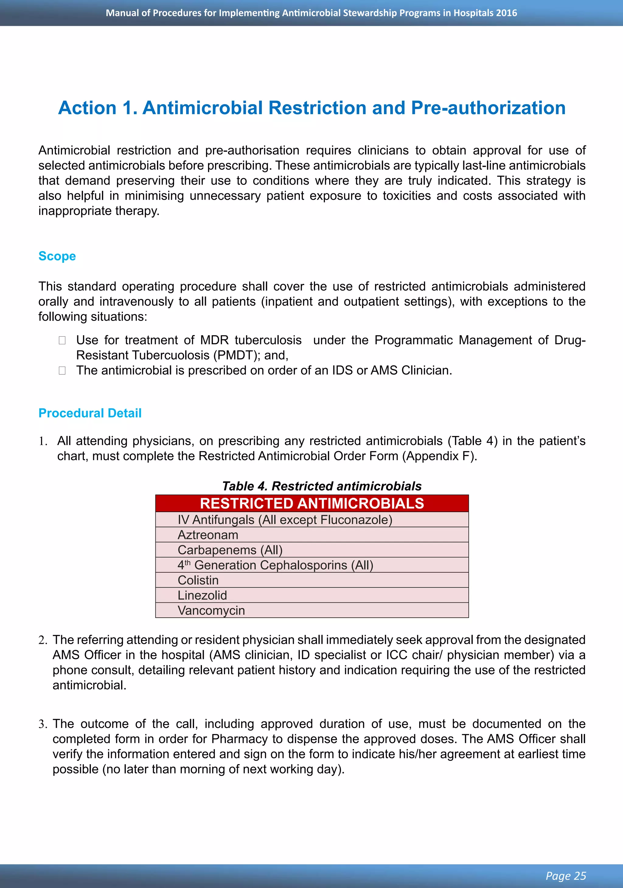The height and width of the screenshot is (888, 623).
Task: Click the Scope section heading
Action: (x=57, y=256)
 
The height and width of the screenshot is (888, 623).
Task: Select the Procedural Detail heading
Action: (x=90, y=413)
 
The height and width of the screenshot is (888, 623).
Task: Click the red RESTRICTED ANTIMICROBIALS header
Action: (x=312, y=503)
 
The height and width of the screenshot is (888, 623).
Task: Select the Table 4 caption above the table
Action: (x=322, y=486)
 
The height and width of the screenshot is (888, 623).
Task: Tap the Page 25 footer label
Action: (x=566, y=876)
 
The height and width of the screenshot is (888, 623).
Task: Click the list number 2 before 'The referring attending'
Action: (x=43, y=640)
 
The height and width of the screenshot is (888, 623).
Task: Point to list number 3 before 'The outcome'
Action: (x=43, y=724)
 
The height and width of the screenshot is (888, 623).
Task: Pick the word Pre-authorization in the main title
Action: (x=488, y=107)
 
